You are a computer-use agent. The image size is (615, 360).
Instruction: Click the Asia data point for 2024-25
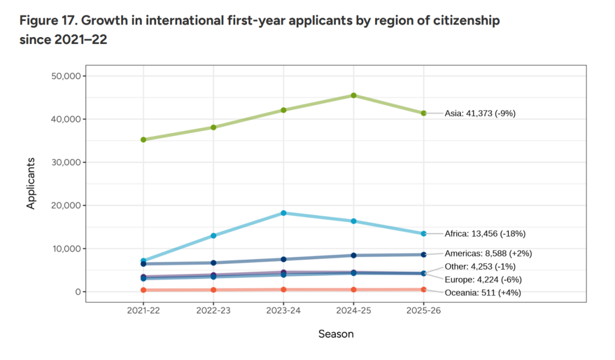(354, 96)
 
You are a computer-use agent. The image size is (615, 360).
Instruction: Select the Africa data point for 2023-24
(284, 213)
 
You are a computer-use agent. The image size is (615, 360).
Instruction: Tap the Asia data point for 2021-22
(143, 140)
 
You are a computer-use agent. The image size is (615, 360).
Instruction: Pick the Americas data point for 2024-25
(354, 255)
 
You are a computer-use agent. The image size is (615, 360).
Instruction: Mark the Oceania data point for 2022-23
(214, 290)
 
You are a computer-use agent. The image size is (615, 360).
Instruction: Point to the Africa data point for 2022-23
(214, 235)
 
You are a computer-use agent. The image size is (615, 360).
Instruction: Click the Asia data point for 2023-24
(284, 110)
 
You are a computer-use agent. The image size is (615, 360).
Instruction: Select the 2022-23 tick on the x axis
(214, 310)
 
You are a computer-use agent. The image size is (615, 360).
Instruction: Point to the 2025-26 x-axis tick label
(424, 310)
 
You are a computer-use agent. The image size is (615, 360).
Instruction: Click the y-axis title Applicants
(31, 183)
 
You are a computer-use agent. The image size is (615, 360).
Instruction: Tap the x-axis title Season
(336, 334)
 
